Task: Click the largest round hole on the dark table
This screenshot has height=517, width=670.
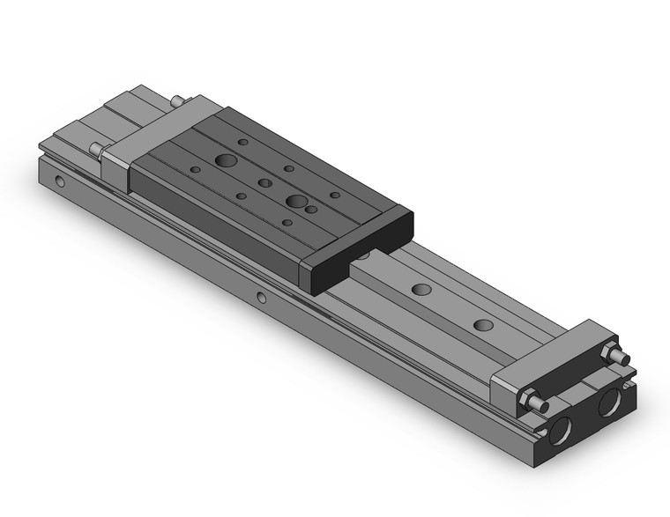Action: coord(226,161)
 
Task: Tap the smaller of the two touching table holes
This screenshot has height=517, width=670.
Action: coord(311,210)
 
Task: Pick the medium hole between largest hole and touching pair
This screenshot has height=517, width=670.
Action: coord(264,183)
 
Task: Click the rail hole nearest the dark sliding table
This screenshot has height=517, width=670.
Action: coord(421,289)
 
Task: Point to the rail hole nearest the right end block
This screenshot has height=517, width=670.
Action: coord(483,324)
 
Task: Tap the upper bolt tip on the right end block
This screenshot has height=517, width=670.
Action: coord(621,358)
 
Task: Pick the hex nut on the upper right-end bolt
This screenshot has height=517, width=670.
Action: coord(609,352)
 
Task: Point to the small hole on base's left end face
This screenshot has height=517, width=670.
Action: coord(59,182)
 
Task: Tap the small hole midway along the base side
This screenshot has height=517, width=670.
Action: coord(262,298)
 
